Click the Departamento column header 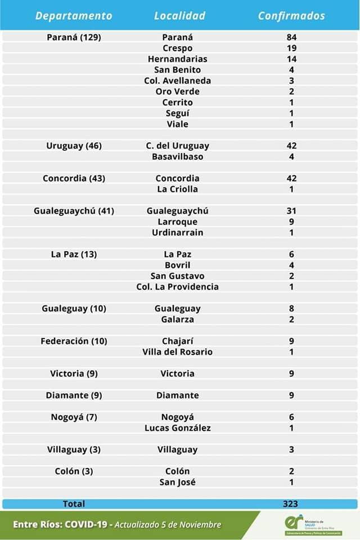[x=74, y=16]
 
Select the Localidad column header [x=179, y=16]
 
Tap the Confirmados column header [x=291, y=16]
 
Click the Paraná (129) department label [x=74, y=37]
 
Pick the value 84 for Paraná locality [x=291, y=37]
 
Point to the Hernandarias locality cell [x=178, y=59]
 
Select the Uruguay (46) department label [x=74, y=146]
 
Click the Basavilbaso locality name [x=178, y=156]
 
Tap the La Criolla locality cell [x=178, y=189]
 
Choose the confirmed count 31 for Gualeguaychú [x=291, y=211]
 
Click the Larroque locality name [x=178, y=222]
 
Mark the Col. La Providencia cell [x=178, y=287]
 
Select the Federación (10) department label [x=74, y=341]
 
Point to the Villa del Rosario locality [x=178, y=352]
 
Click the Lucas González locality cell [x=178, y=428]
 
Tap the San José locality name [x=178, y=482]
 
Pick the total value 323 [x=291, y=504]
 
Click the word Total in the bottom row [x=74, y=504]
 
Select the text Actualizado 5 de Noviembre [x=169, y=525]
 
